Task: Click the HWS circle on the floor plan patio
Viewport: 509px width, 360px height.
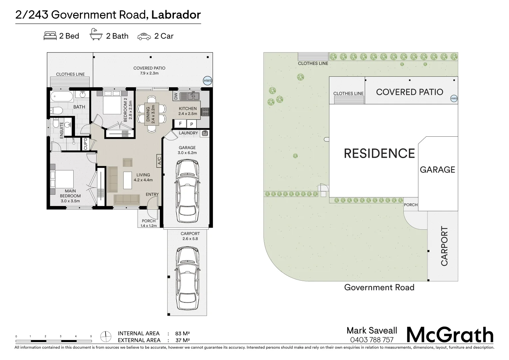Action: click(208, 81)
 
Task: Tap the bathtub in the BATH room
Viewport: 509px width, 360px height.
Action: click(62, 97)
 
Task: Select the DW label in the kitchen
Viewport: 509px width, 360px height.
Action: click(176, 96)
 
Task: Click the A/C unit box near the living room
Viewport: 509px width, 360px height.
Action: click(159, 161)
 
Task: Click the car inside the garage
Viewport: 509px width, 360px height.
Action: click(188, 191)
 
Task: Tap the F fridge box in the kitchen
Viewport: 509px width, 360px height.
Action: click(181, 124)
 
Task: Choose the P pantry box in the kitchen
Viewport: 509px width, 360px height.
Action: click(192, 124)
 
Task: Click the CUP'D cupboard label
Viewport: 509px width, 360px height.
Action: click(85, 144)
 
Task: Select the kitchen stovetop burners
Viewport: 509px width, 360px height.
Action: click(206, 112)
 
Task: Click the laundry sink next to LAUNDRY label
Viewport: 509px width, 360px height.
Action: click(205, 133)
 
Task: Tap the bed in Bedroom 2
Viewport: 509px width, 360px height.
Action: click(112, 102)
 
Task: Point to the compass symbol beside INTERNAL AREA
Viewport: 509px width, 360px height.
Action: click(106, 337)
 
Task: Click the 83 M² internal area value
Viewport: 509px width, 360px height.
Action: click(183, 333)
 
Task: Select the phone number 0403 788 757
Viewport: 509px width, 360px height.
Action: click(372, 340)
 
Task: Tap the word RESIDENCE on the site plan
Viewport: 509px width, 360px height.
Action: click(379, 153)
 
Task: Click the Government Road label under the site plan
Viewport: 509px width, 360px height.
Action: click(379, 287)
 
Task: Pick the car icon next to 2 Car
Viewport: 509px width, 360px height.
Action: click(144, 36)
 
